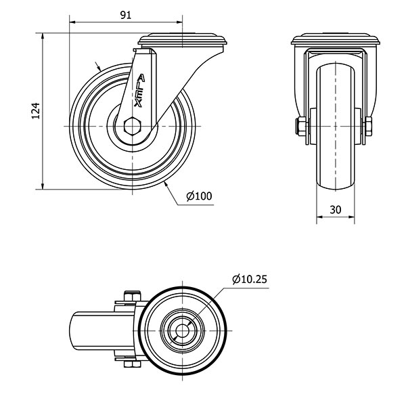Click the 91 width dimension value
coord(126,16)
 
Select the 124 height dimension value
coord(36,111)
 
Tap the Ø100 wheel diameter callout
coord(199,196)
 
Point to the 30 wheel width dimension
coord(335,210)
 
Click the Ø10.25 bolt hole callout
coord(250,279)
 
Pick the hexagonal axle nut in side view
coord(133,127)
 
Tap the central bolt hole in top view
coord(182,330)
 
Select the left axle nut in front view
coord(300,127)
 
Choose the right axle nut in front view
coord(368,127)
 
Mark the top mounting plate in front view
coord(336,39)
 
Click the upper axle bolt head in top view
coord(132,296)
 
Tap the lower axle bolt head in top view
coord(132,364)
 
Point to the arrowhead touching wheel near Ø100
coord(166,185)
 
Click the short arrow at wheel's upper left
coord(97,66)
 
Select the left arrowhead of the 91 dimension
coord(72,22)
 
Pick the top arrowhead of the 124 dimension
coord(43,37)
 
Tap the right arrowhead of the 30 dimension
coord(351,217)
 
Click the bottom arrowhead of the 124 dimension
coord(43,186)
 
